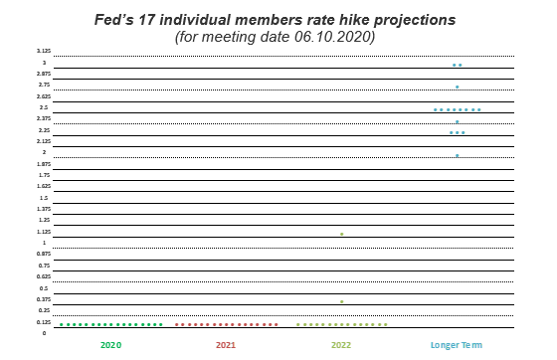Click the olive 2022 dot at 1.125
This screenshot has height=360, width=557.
point(341,235)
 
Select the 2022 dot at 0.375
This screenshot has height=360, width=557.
point(341,301)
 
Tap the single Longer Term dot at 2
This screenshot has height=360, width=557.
point(457,155)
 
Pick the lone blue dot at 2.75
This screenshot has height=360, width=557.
point(457,88)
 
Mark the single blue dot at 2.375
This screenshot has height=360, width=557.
point(457,122)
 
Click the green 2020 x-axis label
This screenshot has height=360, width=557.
point(111,345)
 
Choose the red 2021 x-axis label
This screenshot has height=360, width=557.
point(226,345)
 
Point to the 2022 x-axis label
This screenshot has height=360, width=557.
point(341,345)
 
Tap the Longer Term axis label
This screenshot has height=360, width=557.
point(457,345)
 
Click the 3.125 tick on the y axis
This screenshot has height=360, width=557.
point(44,51)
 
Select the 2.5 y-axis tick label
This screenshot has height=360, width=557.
point(44,107)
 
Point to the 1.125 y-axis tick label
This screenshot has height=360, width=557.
point(44,232)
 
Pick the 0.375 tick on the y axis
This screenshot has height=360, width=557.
point(44,299)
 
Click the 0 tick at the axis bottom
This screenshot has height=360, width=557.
point(44,333)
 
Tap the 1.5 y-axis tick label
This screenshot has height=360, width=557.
point(44,198)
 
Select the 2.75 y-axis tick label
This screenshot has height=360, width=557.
point(44,85)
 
